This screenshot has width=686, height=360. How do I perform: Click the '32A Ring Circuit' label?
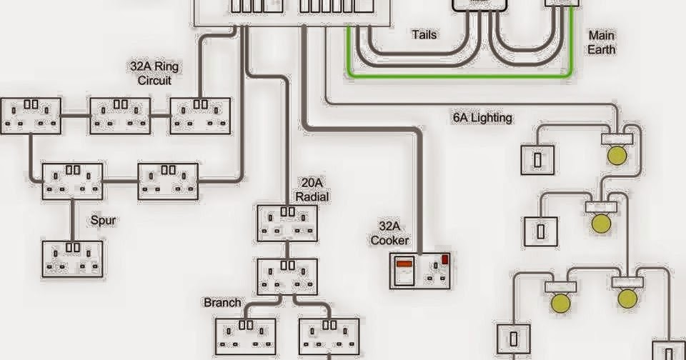click(155, 74)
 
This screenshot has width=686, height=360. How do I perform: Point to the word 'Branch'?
click(222, 302)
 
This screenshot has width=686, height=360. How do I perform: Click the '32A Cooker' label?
click(389, 233)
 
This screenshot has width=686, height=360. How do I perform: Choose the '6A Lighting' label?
click(482, 118)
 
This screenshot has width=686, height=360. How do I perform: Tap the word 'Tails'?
click(424, 34)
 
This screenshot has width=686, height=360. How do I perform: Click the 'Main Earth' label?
click(601, 42)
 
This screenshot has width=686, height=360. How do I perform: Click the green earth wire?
click(457, 75)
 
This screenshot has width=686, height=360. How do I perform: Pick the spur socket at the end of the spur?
click(71, 259)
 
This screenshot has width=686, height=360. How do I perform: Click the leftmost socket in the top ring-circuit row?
click(31, 116)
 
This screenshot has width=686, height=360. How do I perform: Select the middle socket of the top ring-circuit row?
click(120, 116)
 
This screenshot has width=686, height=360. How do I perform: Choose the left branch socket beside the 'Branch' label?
click(245, 336)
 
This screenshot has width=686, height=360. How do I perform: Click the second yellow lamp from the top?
click(600, 224)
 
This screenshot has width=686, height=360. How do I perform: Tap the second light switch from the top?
click(540, 231)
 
